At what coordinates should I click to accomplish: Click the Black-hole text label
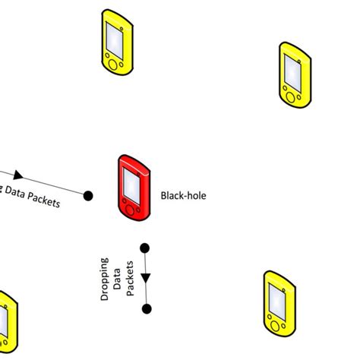[183, 195]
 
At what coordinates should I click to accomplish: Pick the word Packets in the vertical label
[130, 278]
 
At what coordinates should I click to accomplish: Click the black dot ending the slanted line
[88, 195]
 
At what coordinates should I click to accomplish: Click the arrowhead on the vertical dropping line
[146, 277]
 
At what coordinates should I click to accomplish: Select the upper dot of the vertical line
[145, 248]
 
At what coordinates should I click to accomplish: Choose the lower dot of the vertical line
[147, 308]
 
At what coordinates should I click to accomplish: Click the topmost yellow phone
[115, 43]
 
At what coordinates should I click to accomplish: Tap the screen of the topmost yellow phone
[115, 36]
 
